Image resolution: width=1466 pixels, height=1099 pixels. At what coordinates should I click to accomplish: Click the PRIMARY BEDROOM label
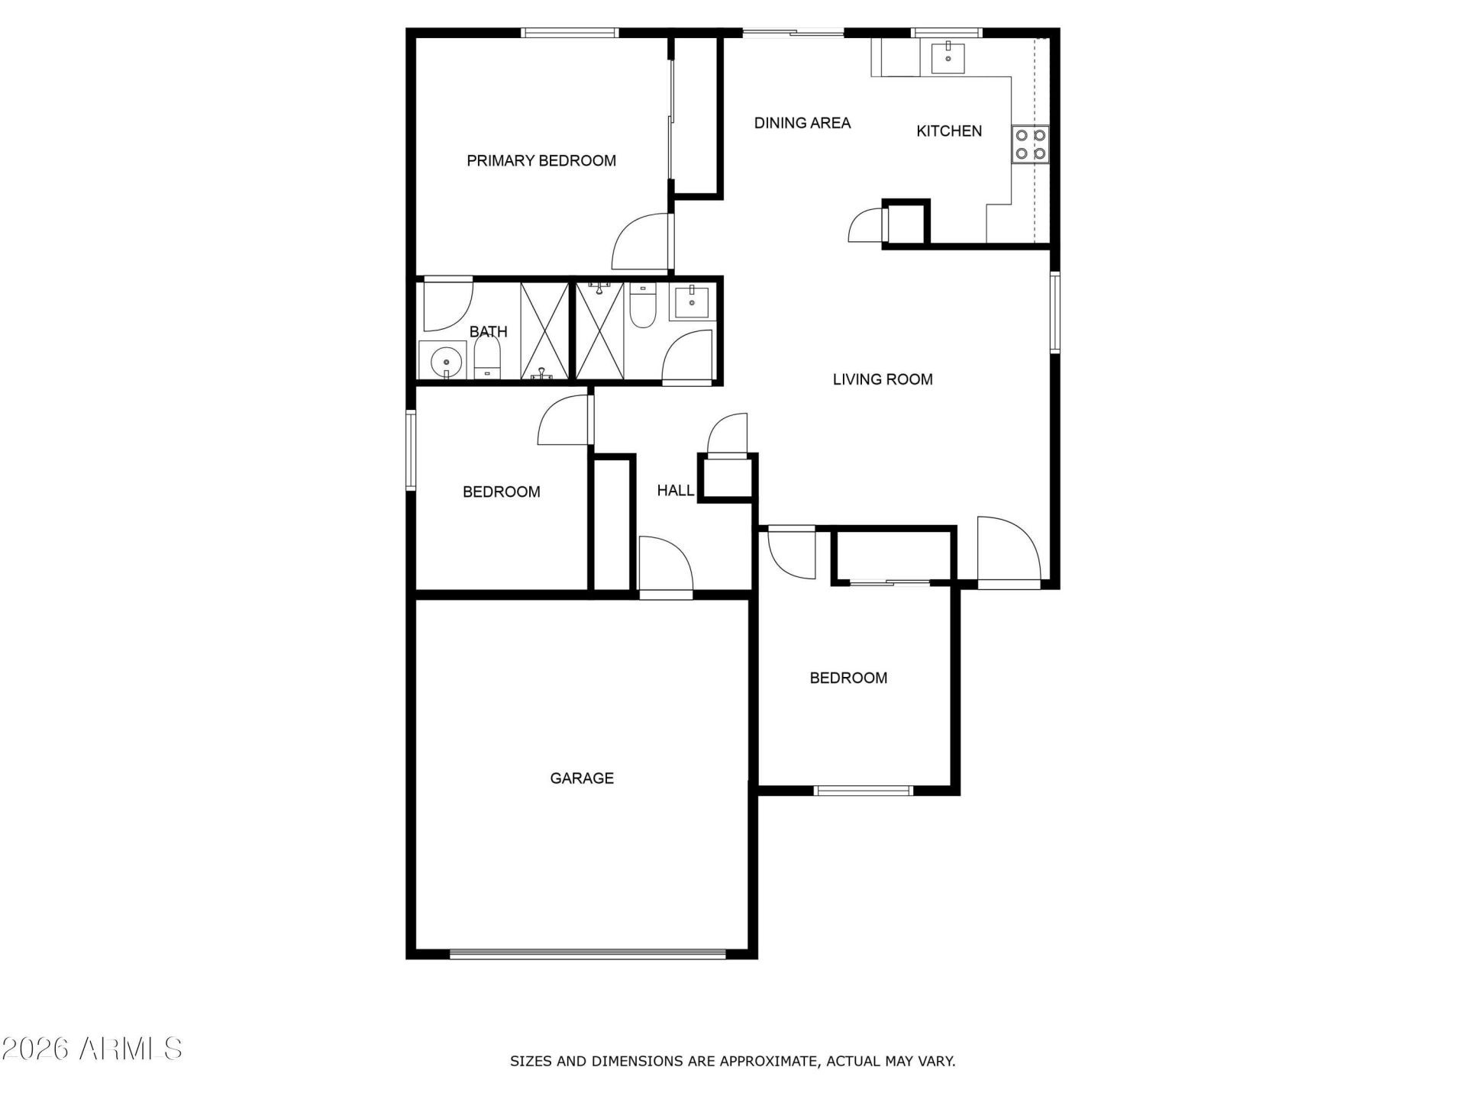click(541, 161)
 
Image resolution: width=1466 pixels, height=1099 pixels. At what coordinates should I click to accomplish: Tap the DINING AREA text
click(802, 123)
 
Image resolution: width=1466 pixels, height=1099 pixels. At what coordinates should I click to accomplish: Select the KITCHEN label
click(949, 131)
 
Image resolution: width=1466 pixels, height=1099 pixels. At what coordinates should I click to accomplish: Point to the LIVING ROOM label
click(883, 379)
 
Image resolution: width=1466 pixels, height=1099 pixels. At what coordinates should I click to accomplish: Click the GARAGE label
click(582, 778)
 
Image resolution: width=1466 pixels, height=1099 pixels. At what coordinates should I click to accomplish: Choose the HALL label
click(676, 491)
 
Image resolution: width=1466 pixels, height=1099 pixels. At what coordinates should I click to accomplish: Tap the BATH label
click(489, 332)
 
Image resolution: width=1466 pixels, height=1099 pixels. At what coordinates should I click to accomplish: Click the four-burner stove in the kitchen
click(1031, 144)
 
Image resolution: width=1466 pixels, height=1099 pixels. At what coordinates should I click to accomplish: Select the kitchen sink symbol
click(948, 57)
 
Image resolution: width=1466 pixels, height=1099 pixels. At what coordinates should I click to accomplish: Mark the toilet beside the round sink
click(487, 359)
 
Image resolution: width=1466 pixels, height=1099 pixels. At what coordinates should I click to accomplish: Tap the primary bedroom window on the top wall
click(570, 33)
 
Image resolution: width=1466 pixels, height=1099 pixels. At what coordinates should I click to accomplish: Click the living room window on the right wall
click(1055, 312)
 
